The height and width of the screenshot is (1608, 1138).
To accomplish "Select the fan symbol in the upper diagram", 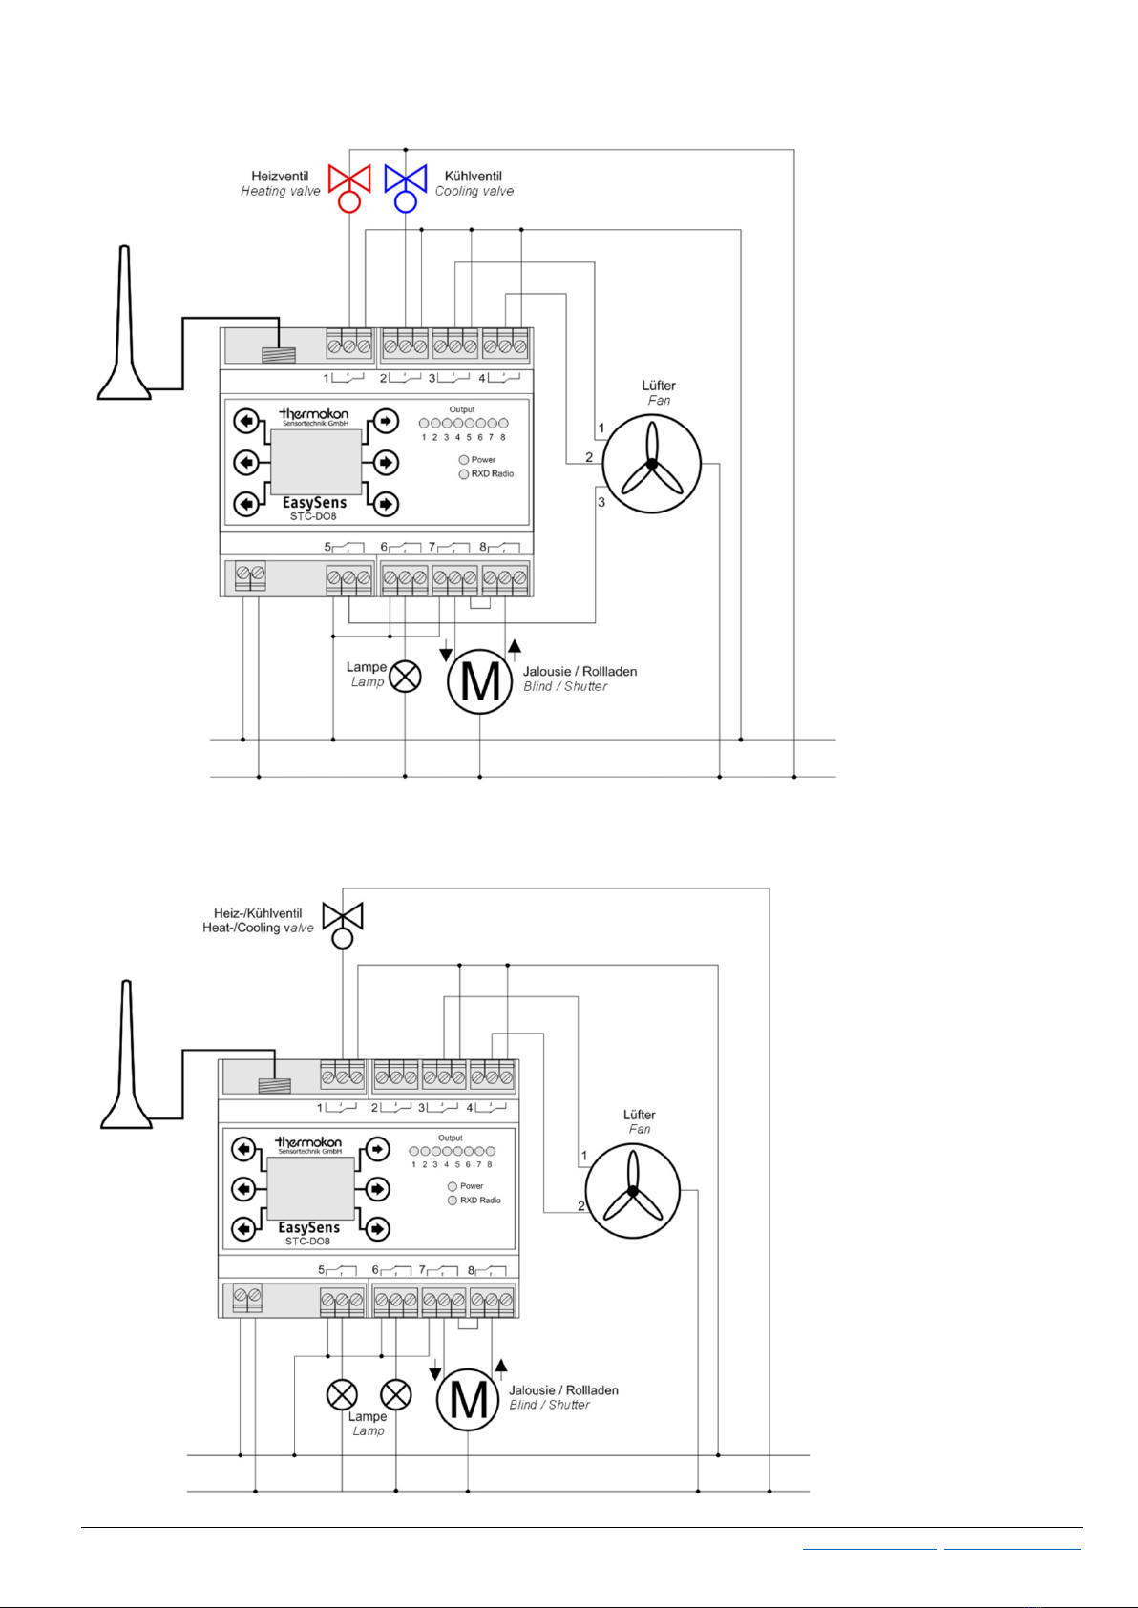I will coord(652,464).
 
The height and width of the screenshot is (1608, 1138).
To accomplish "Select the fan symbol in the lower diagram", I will coord(632,1190).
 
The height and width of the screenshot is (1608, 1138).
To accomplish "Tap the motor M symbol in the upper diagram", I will coord(479,681).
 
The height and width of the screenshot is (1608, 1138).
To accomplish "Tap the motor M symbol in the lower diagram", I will coord(468,1399).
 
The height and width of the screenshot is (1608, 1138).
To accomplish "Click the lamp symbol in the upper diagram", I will coord(406,677).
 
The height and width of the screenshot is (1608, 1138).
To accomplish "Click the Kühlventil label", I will coord(473,177).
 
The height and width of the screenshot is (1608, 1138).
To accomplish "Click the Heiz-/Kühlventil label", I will coord(258,913).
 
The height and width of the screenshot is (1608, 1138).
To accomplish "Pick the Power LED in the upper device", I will coord(464,460).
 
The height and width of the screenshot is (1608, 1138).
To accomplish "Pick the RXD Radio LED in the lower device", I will coord(453,1201).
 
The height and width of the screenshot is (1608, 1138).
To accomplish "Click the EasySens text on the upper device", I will coord(314,503).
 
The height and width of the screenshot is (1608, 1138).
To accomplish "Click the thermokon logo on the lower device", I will coord(308,1142).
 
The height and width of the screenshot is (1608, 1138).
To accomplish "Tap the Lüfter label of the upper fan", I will coord(659,386).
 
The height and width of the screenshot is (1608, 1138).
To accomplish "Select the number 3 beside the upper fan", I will coord(601,502).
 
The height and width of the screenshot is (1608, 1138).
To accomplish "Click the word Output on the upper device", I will coord(462,409).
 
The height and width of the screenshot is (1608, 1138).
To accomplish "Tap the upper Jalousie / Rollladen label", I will coord(580,672).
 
